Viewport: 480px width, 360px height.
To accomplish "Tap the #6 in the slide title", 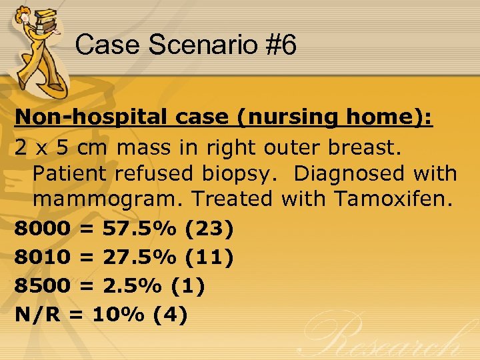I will pyautogui.click(x=281, y=45).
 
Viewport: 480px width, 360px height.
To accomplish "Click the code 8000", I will pyautogui.click(x=42, y=229).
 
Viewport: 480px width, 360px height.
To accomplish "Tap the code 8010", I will pyautogui.click(x=42, y=257).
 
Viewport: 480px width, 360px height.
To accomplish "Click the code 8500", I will pyautogui.click(x=42, y=285).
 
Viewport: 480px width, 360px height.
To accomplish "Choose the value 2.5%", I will pyautogui.click(x=131, y=285).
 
